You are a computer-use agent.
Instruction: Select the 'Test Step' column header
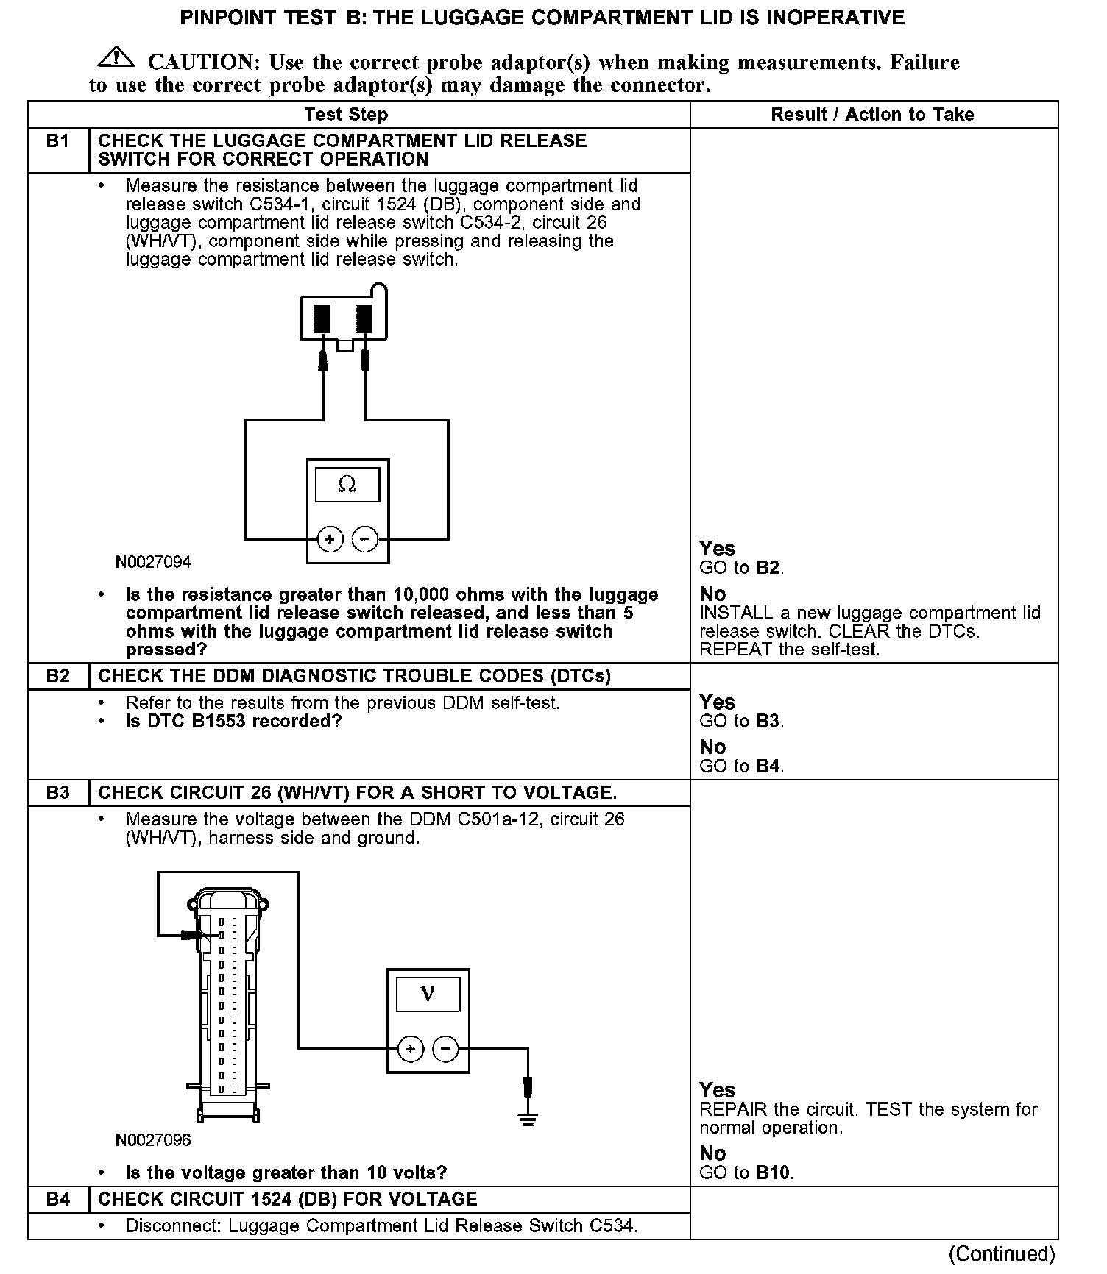click(x=346, y=115)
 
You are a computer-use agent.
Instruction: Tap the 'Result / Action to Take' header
click(x=872, y=115)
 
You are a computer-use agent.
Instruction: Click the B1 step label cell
click(x=58, y=141)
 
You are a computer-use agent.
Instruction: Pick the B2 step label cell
click(x=58, y=676)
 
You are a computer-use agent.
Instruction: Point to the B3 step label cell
click(x=58, y=792)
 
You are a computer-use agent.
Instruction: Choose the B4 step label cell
click(x=58, y=1199)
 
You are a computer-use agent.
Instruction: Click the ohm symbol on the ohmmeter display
click(x=347, y=485)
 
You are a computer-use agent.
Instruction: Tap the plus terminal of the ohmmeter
click(x=330, y=540)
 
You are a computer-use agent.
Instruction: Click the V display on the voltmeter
click(x=428, y=994)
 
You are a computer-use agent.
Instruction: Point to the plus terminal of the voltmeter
click(x=411, y=1049)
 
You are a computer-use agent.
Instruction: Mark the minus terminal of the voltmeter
click(x=445, y=1049)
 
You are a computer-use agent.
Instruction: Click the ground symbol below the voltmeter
click(x=528, y=1120)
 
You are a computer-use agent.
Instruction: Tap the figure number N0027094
click(x=153, y=563)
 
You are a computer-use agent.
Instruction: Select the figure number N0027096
click(x=153, y=1140)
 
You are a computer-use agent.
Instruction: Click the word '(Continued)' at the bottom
click(x=1002, y=1253)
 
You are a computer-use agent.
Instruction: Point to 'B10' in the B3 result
click(x=774, y=1172)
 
